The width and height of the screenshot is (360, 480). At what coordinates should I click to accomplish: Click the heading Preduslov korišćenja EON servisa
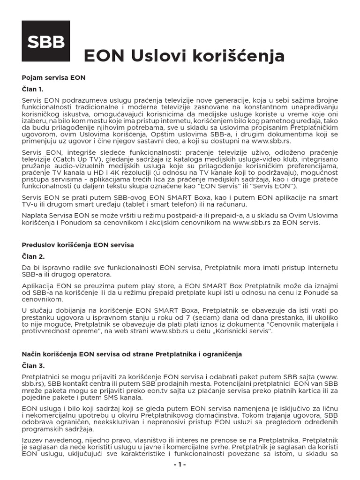tap(78, 245)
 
